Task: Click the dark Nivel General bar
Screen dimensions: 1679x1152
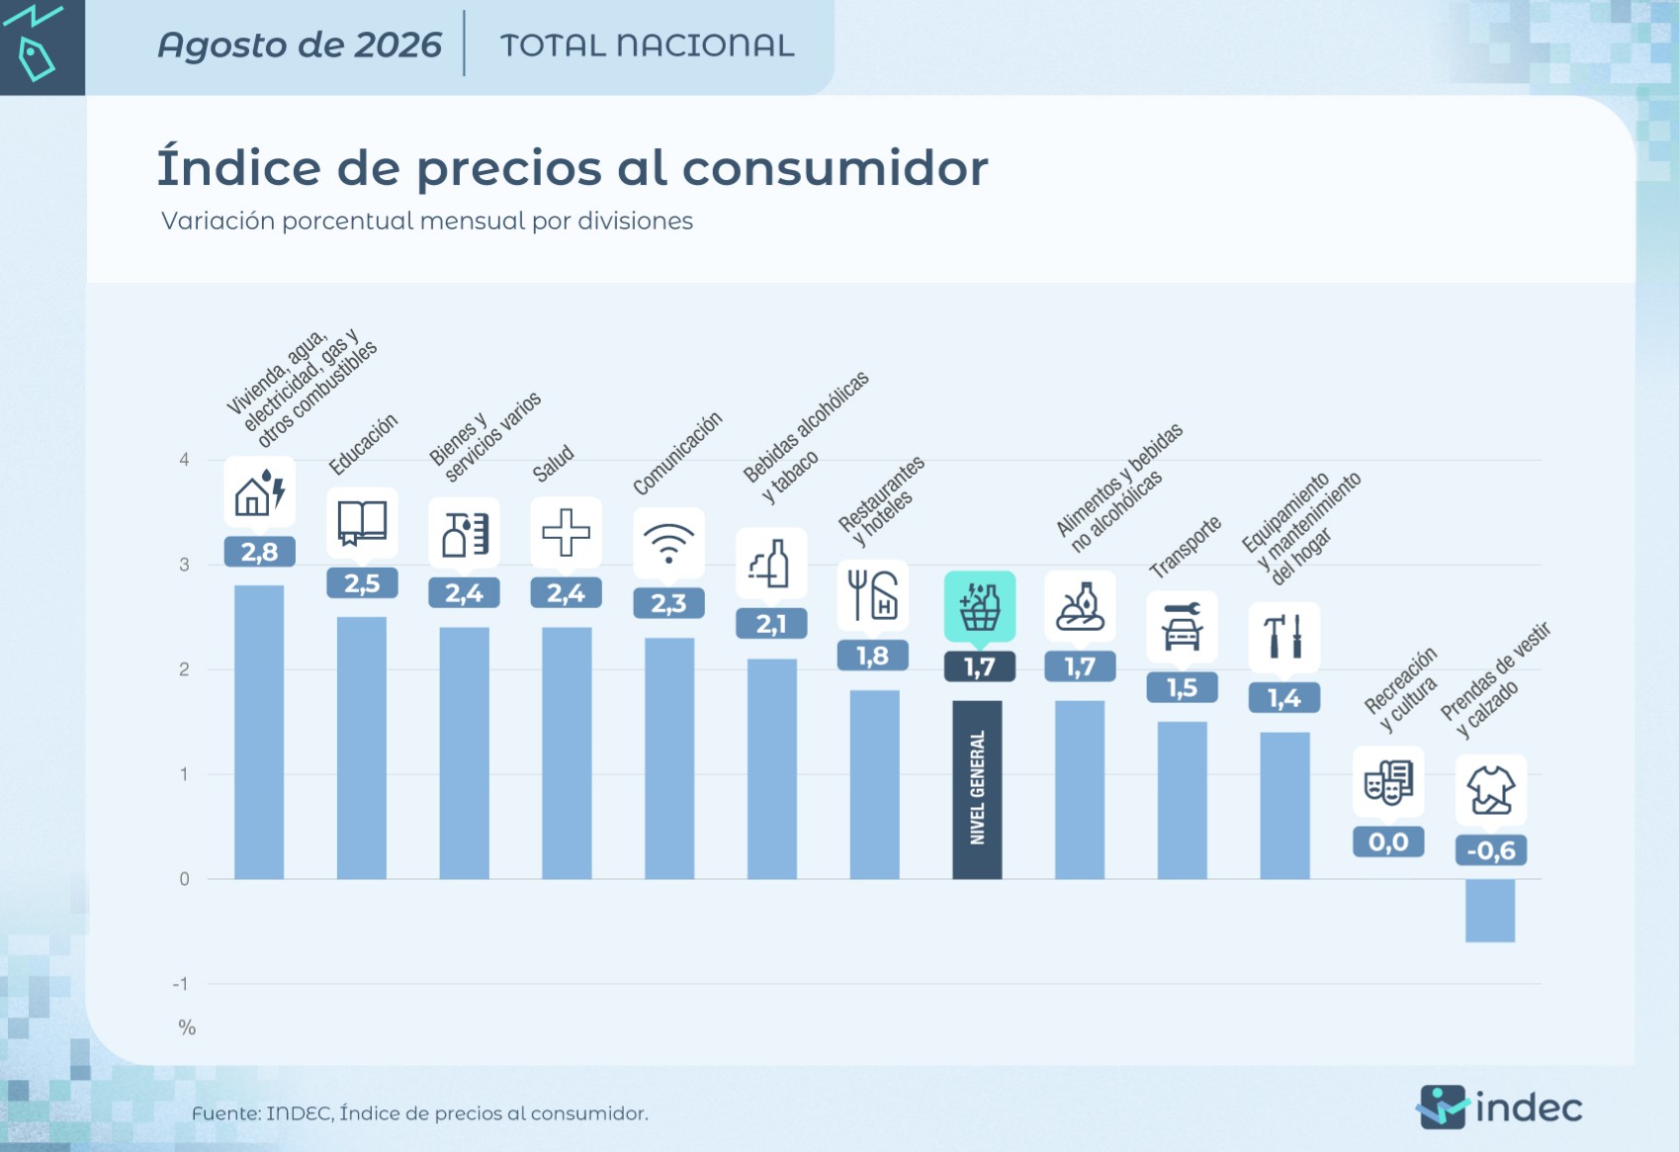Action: tap(977, 789)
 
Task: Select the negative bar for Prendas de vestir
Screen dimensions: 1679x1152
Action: tap(1490, 910)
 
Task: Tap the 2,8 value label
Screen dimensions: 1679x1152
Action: tap(259, 552)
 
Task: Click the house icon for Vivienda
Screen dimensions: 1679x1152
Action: tap(259, 492)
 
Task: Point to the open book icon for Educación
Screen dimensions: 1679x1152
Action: tap(362, 523)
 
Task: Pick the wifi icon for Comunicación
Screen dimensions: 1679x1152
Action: tap(668, 544)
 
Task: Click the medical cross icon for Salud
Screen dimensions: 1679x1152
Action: tap(566, 532)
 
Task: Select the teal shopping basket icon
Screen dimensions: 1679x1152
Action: tap(980, 606)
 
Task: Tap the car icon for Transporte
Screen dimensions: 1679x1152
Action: tap(1182, 627)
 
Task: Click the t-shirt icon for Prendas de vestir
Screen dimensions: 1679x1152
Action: tap(1491, 790)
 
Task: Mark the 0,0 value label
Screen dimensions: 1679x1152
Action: tap(1388, 842)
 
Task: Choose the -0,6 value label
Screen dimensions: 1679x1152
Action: tap(1491, 850)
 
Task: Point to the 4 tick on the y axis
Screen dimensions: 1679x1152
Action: tap(184, 460)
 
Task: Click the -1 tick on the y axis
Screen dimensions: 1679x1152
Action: tap(181, 983)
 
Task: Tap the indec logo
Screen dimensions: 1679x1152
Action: tap(1500, 1108)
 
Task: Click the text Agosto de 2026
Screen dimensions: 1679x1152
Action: tap(299, 44)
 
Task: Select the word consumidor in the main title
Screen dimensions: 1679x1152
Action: tap(835, 168)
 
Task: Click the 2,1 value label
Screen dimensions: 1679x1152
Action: tap(771, 624)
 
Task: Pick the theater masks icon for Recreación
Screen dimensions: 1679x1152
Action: tap(1388, 782)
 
